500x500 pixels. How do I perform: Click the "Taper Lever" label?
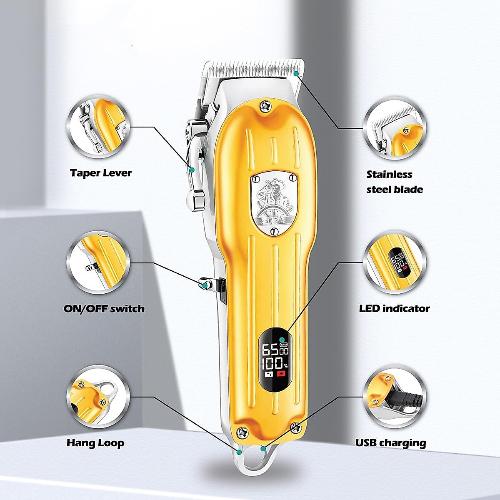tap(101, 173)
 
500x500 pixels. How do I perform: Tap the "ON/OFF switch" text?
tap(104, 309)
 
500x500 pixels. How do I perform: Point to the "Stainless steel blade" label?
tap(395, 182)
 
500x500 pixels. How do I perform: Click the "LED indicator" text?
tap(394, 308)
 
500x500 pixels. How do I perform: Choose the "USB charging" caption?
tap(390, 442)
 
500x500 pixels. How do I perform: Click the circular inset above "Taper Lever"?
tap(98, 127)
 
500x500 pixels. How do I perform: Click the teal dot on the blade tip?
tap(296, 73)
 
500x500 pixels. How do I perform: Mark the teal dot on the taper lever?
tap(192, 170)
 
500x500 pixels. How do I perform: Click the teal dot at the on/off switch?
tap(205, 285)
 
